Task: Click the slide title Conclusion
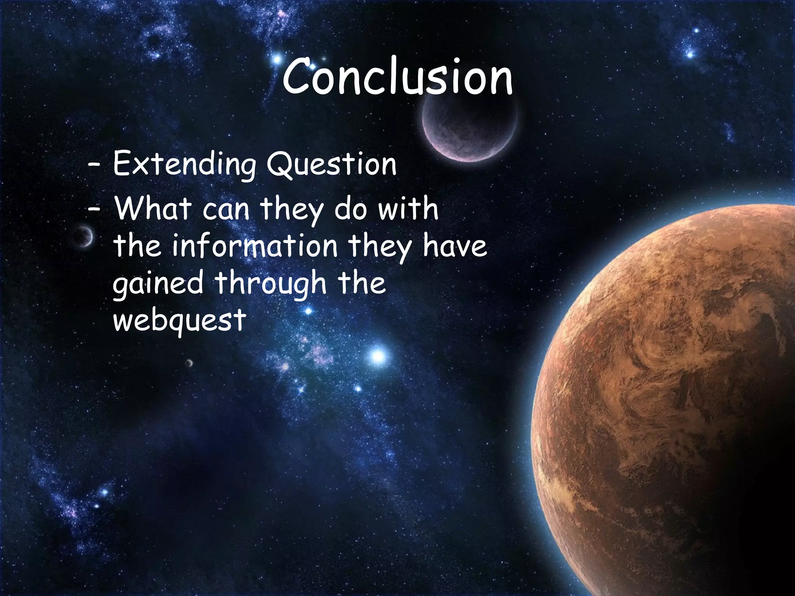click(x=397, y=76)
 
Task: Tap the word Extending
click(x=184, y=165)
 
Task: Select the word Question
click(x=332, y=165)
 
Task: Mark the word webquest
click(x=179, y=320)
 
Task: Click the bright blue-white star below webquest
click(x=378, y=355)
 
